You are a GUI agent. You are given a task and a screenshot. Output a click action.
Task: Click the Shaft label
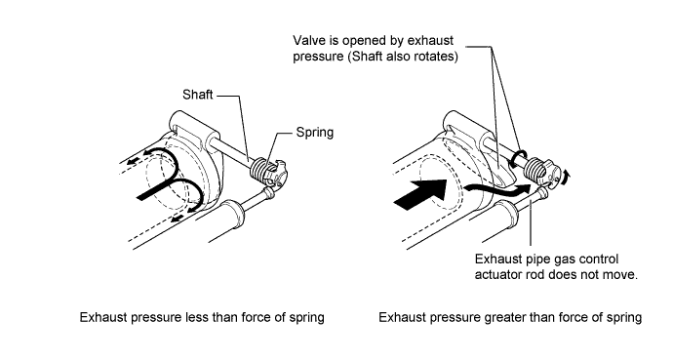(197, 95)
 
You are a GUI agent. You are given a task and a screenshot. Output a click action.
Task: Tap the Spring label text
(315, 132)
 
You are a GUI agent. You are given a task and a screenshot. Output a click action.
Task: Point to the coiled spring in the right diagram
(535, 168)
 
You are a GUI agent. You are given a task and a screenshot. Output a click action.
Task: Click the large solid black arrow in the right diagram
(421, 195)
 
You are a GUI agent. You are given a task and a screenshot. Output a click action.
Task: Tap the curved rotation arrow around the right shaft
(519, 158)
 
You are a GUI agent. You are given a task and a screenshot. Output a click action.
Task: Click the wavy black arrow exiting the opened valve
(497, 190)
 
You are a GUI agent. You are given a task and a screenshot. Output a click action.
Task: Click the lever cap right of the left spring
(277, 173)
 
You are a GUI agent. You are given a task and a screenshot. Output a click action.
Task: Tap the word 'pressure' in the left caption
(156, 318)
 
